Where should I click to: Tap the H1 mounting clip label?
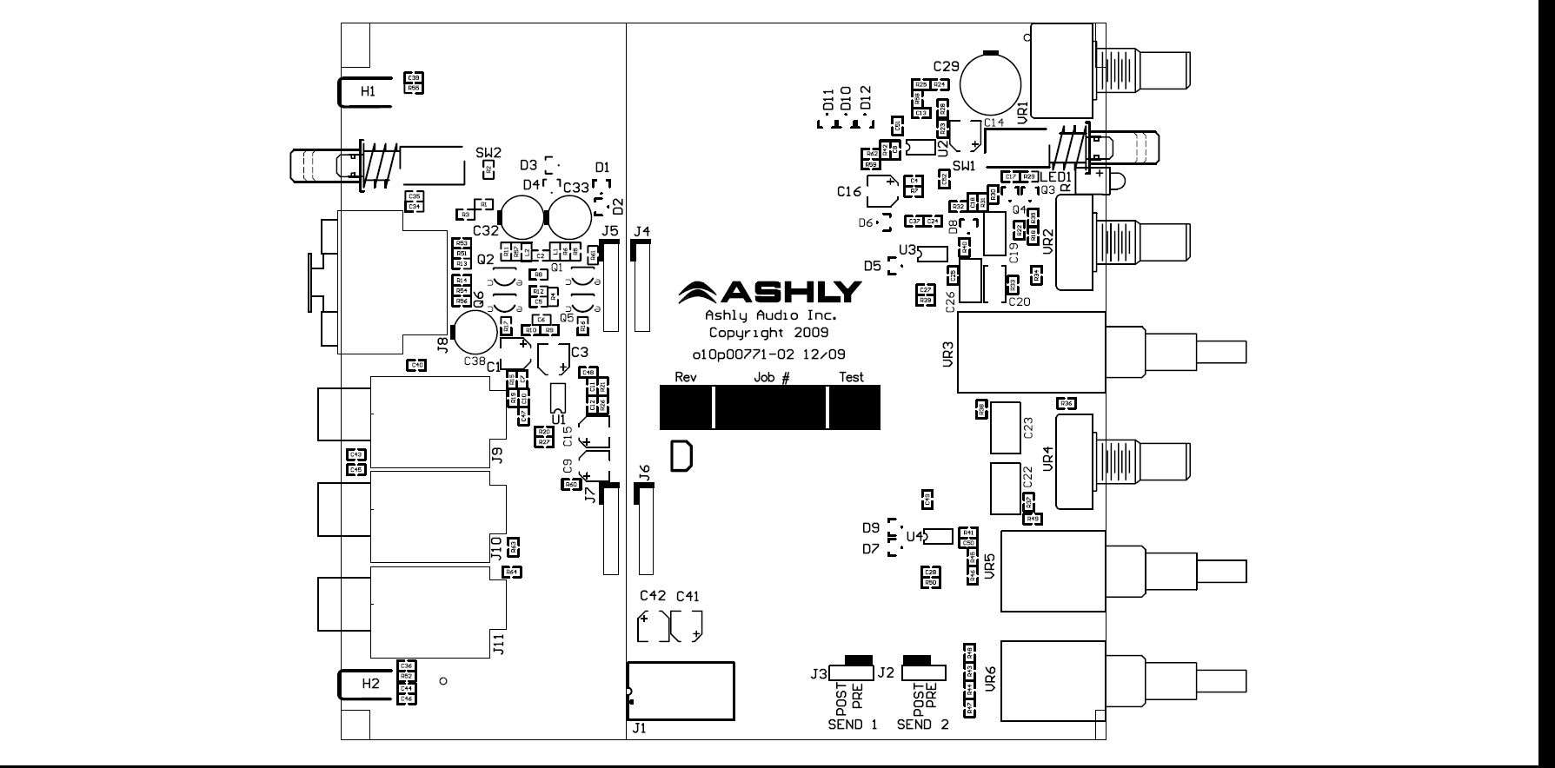click(x=369, y=91)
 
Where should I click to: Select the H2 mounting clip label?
click(x=371, y=684)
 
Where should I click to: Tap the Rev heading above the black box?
click(x=686, y=377)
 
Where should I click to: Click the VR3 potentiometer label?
click(x=948, y=354)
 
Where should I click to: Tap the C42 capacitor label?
click(x=653, y=596)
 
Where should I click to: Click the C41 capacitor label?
click(x=688, y=596)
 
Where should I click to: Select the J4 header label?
click(x=642, y=231)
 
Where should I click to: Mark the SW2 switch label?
click(x=488, y=152)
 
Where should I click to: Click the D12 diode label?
click(x=865, y=97)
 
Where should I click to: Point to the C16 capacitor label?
click(x=849, y=191)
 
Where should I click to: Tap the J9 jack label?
click(x=497, y=454)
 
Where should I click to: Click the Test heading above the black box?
click(x=851, y=377)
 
